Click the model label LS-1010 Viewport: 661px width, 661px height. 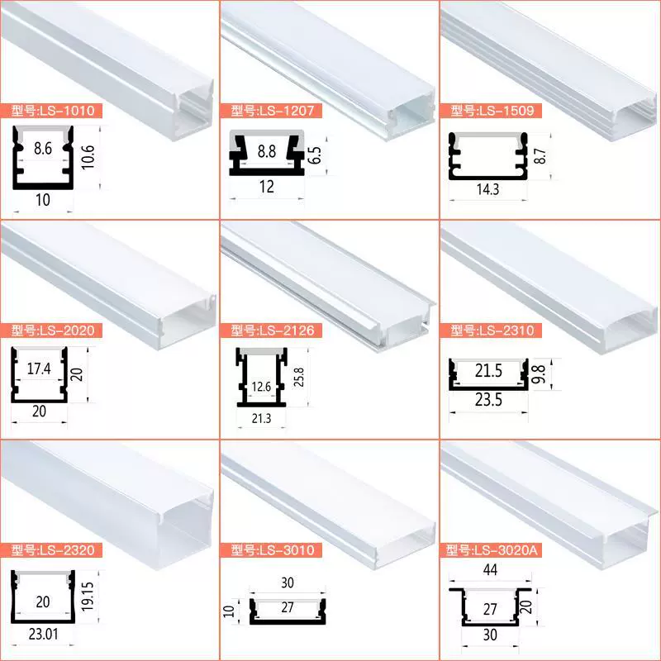51,111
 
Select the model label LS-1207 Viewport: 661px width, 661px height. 271,111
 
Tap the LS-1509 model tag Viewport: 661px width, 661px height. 491,111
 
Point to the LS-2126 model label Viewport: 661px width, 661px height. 271,330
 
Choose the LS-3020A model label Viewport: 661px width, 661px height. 491,550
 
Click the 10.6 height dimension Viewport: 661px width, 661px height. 88,157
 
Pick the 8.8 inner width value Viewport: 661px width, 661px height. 266,151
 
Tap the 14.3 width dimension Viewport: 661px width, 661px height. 487,189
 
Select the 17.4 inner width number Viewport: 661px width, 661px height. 39,369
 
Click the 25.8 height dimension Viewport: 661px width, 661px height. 298,377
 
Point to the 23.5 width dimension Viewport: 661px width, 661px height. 488,399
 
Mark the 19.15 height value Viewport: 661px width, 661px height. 88,597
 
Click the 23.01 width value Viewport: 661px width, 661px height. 44,634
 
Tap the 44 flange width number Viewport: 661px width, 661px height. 490,570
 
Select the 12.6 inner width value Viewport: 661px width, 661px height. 261,387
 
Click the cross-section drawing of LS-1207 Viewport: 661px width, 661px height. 266,153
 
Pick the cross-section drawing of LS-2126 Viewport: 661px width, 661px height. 261,378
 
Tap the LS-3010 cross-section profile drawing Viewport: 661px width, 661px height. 288,611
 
